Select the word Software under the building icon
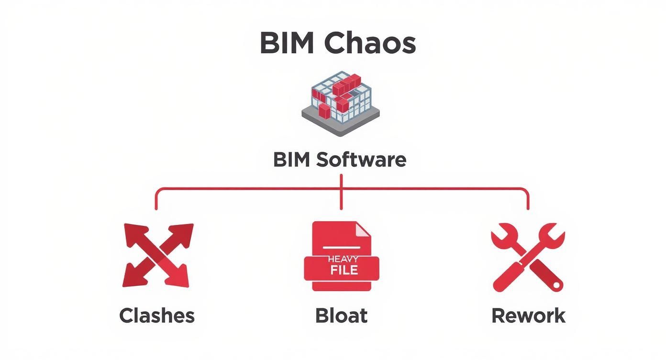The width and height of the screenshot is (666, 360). point(361,159)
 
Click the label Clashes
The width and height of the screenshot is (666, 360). point(157,316)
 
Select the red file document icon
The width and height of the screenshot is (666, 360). point(342,256)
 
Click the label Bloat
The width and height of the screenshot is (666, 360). point(341,316)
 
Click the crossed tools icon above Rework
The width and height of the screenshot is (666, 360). point(528,257)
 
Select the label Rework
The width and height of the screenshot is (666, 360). point(528,316)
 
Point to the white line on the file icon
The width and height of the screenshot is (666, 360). point(341,247)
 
